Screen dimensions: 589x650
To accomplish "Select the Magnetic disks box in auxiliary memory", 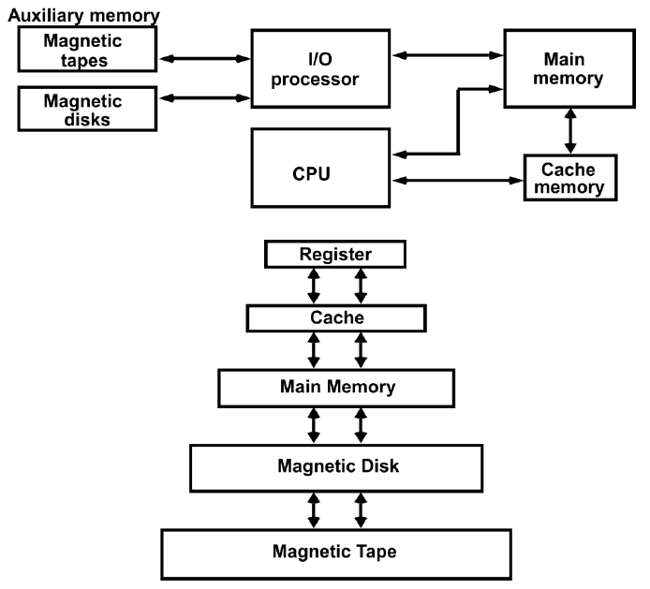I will click(85, 110).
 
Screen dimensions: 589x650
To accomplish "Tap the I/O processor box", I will click(318, 69).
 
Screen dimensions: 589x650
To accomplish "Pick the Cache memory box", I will click(571, 177).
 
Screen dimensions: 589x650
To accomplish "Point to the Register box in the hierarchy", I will click(335, 254).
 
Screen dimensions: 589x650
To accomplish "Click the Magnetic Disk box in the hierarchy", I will click(335, 466).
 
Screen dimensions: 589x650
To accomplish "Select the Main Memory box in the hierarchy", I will click(335, 386).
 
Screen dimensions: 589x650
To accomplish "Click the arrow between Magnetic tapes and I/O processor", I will click(204, 58).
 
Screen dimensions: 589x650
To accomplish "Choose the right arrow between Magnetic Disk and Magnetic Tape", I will click(360, 510).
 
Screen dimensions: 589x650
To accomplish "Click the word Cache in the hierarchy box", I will click(335, 318).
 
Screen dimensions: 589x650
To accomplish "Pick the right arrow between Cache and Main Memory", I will click(360, 350).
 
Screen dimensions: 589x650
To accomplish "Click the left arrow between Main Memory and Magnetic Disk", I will click(314, 425).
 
